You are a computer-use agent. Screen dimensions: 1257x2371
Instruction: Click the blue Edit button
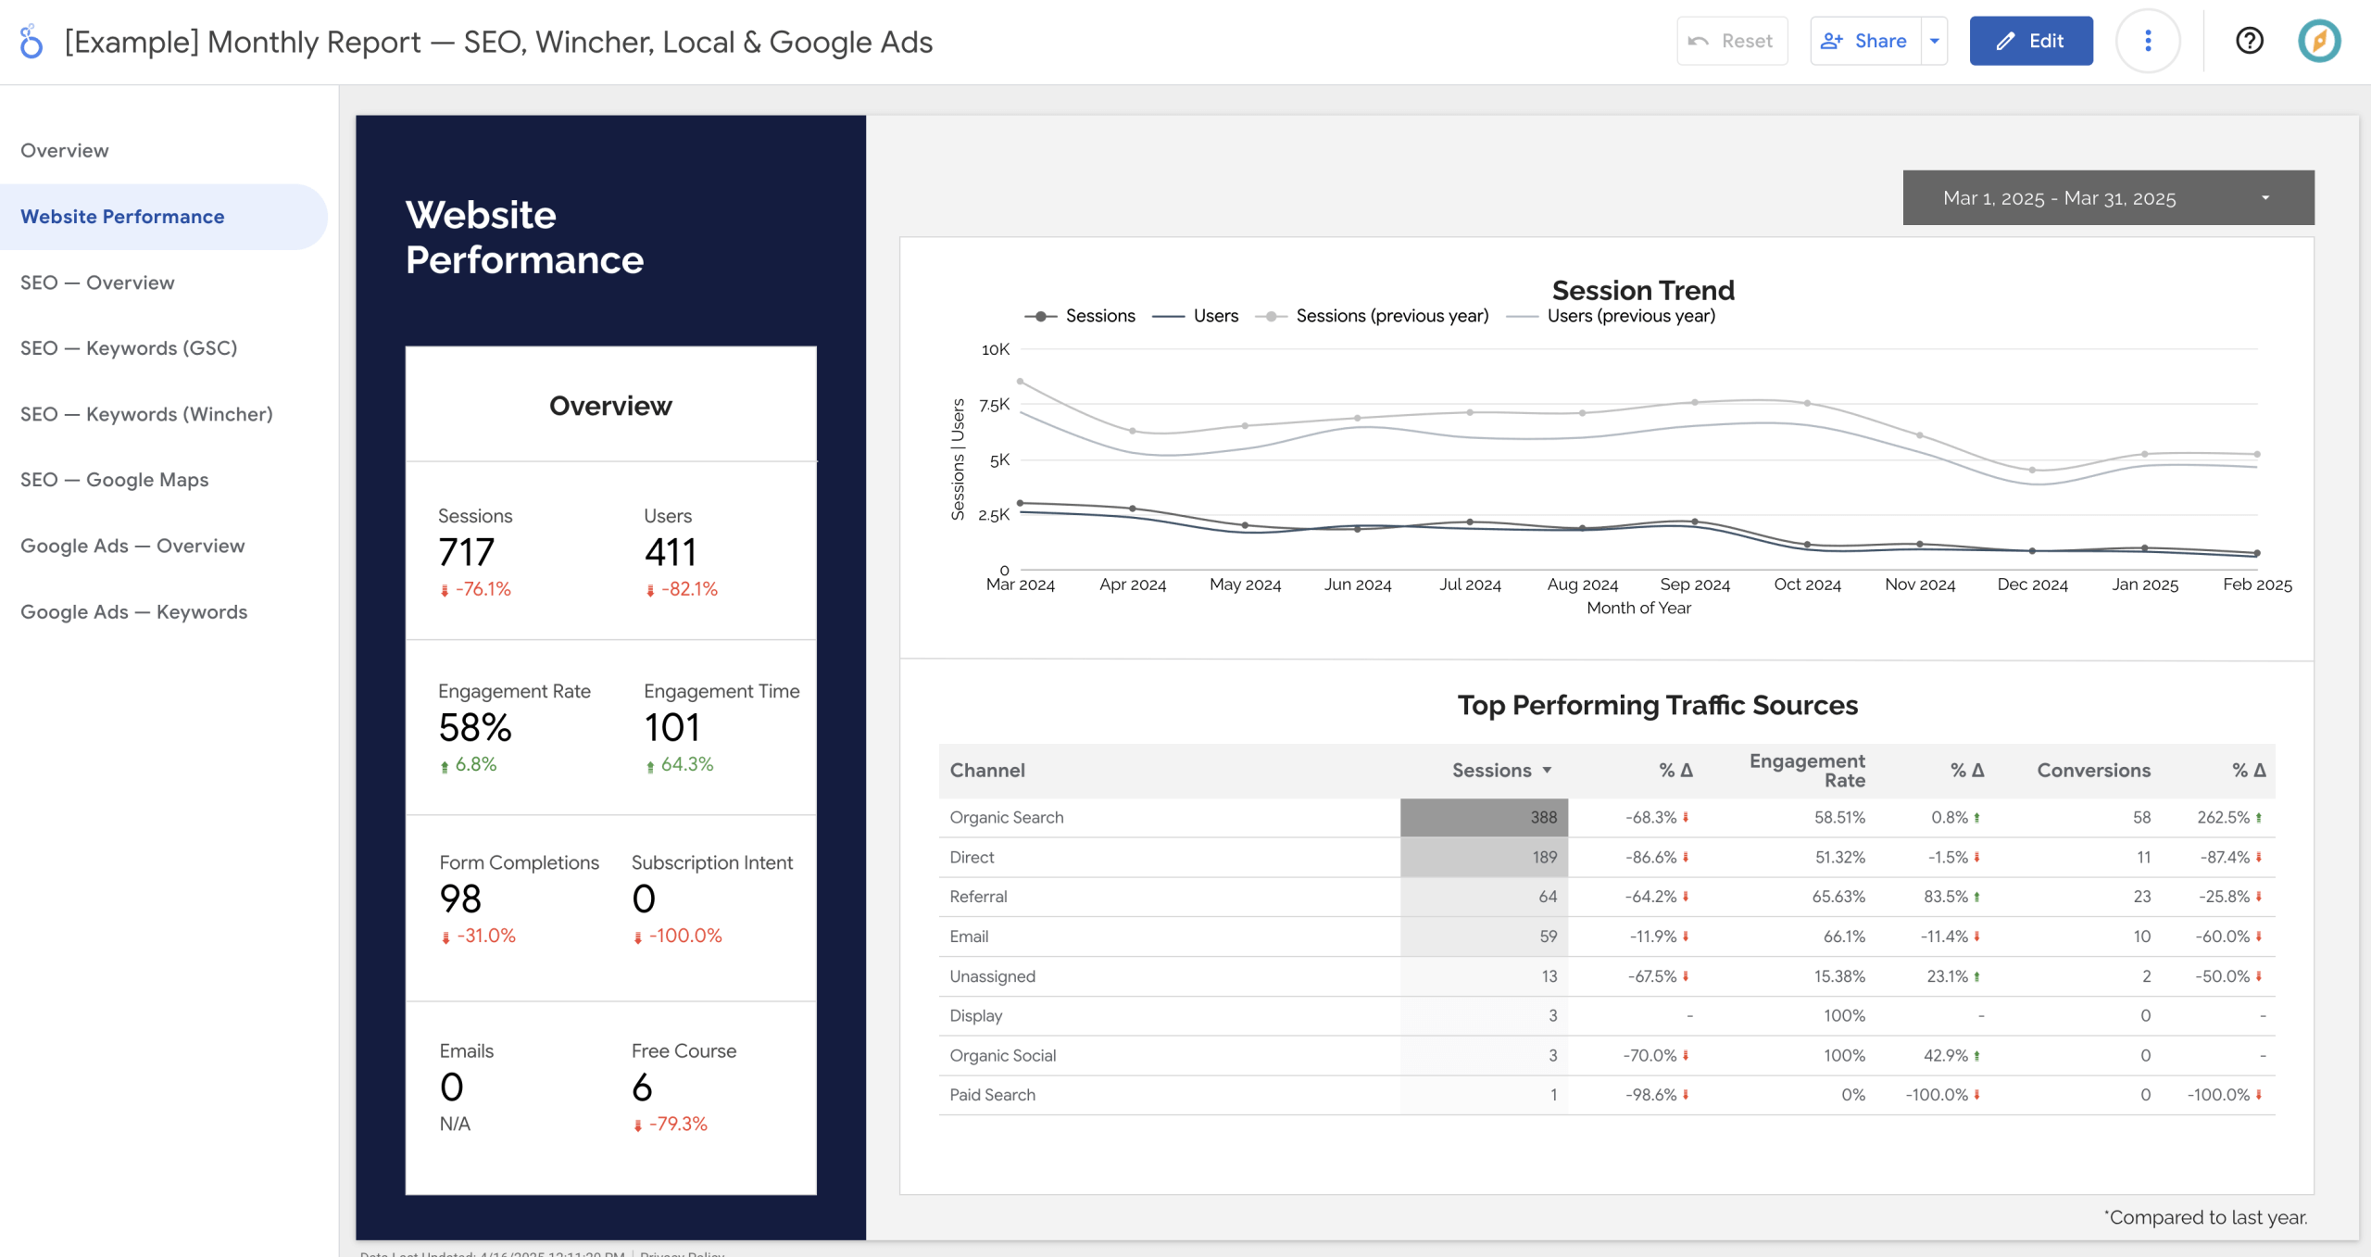[2030, 41]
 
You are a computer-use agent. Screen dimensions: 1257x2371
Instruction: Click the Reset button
[1731, 41]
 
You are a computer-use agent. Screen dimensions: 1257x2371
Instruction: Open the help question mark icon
[2249, 41]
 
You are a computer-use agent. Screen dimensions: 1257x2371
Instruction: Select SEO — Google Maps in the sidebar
[115, 480]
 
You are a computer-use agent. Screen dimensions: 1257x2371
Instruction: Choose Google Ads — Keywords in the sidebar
[134, 611]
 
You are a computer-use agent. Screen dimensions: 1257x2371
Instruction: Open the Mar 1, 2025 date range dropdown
[2107, 197]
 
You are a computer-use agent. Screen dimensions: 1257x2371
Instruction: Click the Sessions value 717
[467, 552]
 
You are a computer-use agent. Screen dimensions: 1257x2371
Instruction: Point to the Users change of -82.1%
[688, 589]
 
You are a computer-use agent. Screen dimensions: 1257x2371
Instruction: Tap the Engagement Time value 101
[672, 727]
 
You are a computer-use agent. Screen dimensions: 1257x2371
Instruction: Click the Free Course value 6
[642, 1087]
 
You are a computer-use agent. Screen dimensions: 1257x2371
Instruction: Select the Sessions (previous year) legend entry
[1391, 316]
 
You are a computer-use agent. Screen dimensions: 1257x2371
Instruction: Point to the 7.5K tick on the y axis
[994, 405]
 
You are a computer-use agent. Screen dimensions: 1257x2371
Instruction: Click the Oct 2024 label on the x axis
[1807, 585]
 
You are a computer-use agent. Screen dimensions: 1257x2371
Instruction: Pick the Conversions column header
[2093, 770]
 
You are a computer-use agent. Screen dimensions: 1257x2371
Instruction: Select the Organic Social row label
[1002, 1055]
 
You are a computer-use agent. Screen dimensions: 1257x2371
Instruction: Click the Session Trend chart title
[1642, 290]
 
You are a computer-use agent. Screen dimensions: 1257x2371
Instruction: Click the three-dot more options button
[2148, 41]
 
